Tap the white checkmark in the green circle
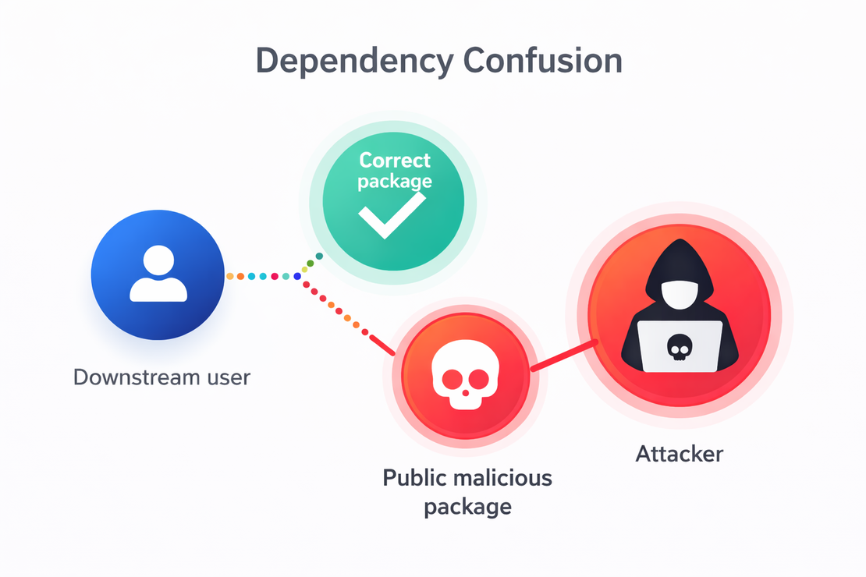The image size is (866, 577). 391,214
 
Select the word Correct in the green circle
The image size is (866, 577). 394,161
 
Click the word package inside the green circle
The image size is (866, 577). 394,181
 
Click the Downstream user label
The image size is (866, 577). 161,377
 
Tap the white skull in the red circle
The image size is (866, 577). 465,376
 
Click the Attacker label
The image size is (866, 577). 679,453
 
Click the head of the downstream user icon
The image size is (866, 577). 158,259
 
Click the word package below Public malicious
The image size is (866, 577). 468,507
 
